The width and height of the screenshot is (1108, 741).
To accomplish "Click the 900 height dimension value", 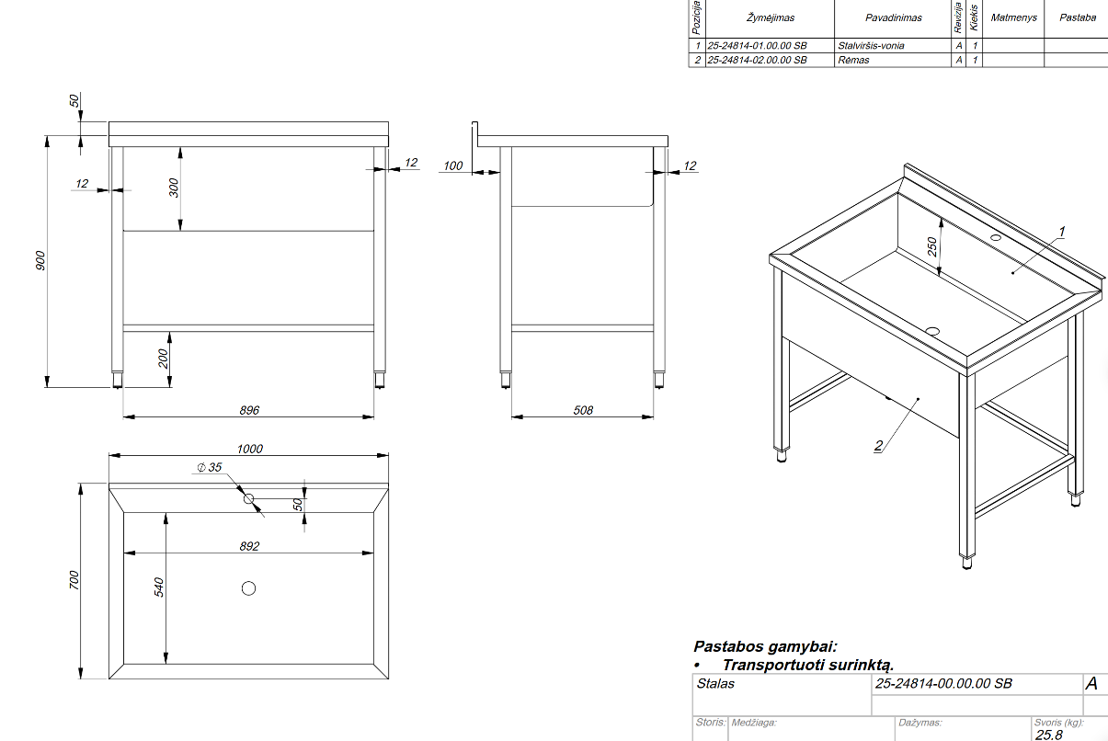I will coord(40,261).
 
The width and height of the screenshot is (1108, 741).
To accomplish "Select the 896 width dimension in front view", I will coord(249,410).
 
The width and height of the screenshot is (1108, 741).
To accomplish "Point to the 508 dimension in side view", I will coord(583,410).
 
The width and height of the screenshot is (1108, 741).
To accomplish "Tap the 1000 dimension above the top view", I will coord(249,449).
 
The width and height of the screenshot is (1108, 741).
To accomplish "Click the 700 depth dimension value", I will coord(74,580).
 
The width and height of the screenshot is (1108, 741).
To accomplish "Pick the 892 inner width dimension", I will coord(249,546).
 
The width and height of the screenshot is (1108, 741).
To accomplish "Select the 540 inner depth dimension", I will coord(158,587).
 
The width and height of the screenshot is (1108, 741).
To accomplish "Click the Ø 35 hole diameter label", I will coord(211,468).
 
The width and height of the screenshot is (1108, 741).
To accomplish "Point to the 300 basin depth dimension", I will coord(174,188).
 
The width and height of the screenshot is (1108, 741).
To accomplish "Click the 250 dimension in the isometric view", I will coord(931,246).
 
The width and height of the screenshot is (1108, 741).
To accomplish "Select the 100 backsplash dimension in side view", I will coord(453,165).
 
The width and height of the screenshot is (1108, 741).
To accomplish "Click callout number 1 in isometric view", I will coord(1061,230).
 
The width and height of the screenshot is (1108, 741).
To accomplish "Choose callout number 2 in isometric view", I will coord(878,446).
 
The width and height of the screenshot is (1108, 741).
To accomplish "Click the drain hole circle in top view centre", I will coord(248,588).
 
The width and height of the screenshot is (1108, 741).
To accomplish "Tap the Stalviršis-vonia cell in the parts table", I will coord(871,45).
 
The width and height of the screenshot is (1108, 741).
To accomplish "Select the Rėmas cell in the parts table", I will coord(853,60).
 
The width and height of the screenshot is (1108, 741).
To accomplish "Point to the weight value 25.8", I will coord(1048,735).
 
